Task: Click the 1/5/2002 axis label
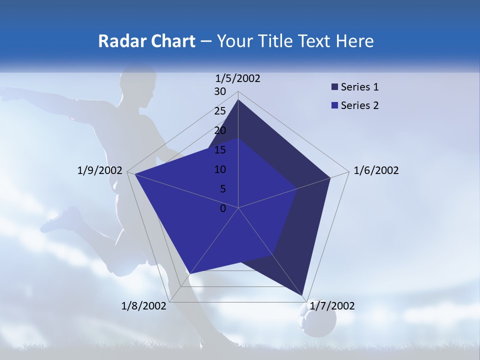[238, 78]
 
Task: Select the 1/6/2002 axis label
[376, 170]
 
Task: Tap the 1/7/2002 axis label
[332, 305]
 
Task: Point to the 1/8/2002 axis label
[144, 305]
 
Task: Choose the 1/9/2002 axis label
[100, 170]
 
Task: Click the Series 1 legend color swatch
[334, 87]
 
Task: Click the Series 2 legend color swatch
[334, 105]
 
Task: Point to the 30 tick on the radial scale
[220, 91]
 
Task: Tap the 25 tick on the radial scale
[220, 111]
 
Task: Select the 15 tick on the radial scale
[220, 150]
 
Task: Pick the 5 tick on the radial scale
[222, 189]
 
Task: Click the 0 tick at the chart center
[223, 208]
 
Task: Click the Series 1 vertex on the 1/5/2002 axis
[238, 99]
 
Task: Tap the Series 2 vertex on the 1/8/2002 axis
[189, 274]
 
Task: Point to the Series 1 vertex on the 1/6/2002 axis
[330, 177]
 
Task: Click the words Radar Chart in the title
[146, 41]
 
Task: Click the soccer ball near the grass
[316, 320]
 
